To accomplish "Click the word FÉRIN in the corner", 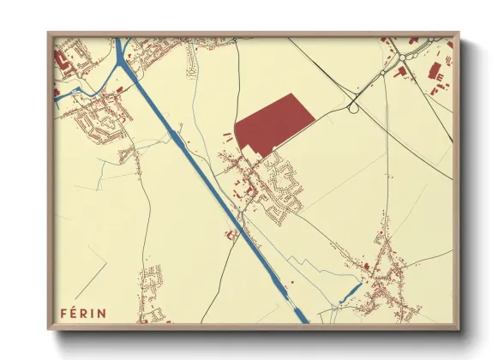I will [83, 312].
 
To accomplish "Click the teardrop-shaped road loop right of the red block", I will [351, 107].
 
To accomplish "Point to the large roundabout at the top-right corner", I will [403, 58].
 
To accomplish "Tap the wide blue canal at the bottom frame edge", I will [301, 318].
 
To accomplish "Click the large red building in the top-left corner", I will [61, 61].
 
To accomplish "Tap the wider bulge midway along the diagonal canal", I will [176, 135].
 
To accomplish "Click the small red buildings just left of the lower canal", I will [230, 234].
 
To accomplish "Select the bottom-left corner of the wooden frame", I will [51, 327].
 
